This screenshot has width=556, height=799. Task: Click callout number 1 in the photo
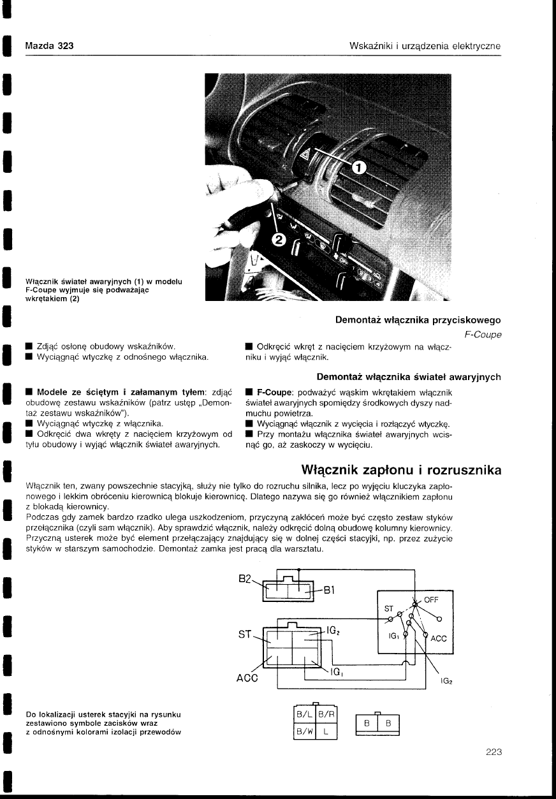[x=359, y=168]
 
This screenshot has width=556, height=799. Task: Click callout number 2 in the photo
[x=279, y=239]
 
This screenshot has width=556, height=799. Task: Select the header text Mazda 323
[x=49, y=46]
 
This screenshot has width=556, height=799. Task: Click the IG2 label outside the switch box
[x=446, y=682]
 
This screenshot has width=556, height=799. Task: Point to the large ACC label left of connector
[x=246, y=678]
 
